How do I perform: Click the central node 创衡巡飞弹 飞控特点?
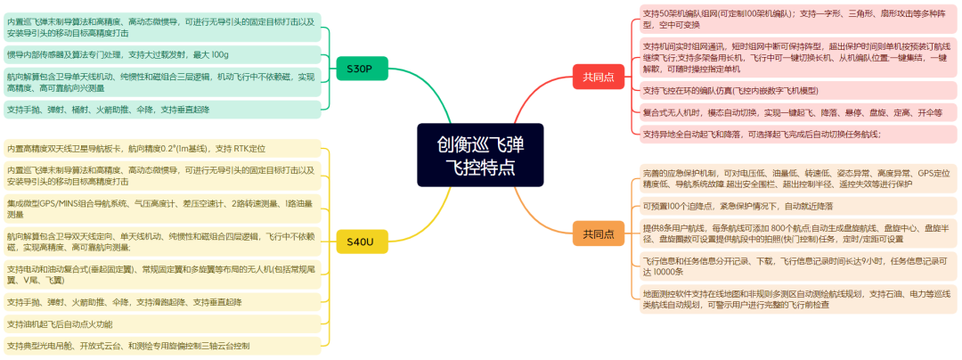point(480,155)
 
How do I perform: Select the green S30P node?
point(360,69)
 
